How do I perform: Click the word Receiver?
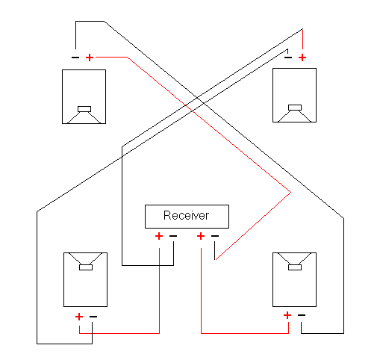pos(186,215)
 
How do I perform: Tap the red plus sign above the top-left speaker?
pos(90,58)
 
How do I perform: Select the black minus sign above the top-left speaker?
pos(75,58)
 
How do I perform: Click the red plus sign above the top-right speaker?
pos(302,58)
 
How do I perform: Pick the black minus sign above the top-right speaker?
pos(288,58)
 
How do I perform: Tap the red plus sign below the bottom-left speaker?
pos(79,317)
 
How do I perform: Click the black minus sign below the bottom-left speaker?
pos(93,317)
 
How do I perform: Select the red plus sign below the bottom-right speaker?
pos(287,315)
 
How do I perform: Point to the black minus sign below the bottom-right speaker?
pos(302,315)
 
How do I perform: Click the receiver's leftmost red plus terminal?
pos(159,236)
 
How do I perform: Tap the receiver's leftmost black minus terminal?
pos(173,236)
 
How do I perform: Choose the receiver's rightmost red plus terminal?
pos(201,236)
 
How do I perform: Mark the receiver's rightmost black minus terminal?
pos(215,236)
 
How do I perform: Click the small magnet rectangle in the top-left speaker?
pos(84,109)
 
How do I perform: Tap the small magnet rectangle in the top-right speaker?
pos(295,108)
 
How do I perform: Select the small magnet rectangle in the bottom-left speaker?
pos(86,267)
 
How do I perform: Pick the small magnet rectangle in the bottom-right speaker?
pos(295,267)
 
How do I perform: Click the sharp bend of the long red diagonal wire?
pos(290,192)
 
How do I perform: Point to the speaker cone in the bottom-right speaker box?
pos(294,258)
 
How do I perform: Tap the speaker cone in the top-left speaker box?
pos(84,118)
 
